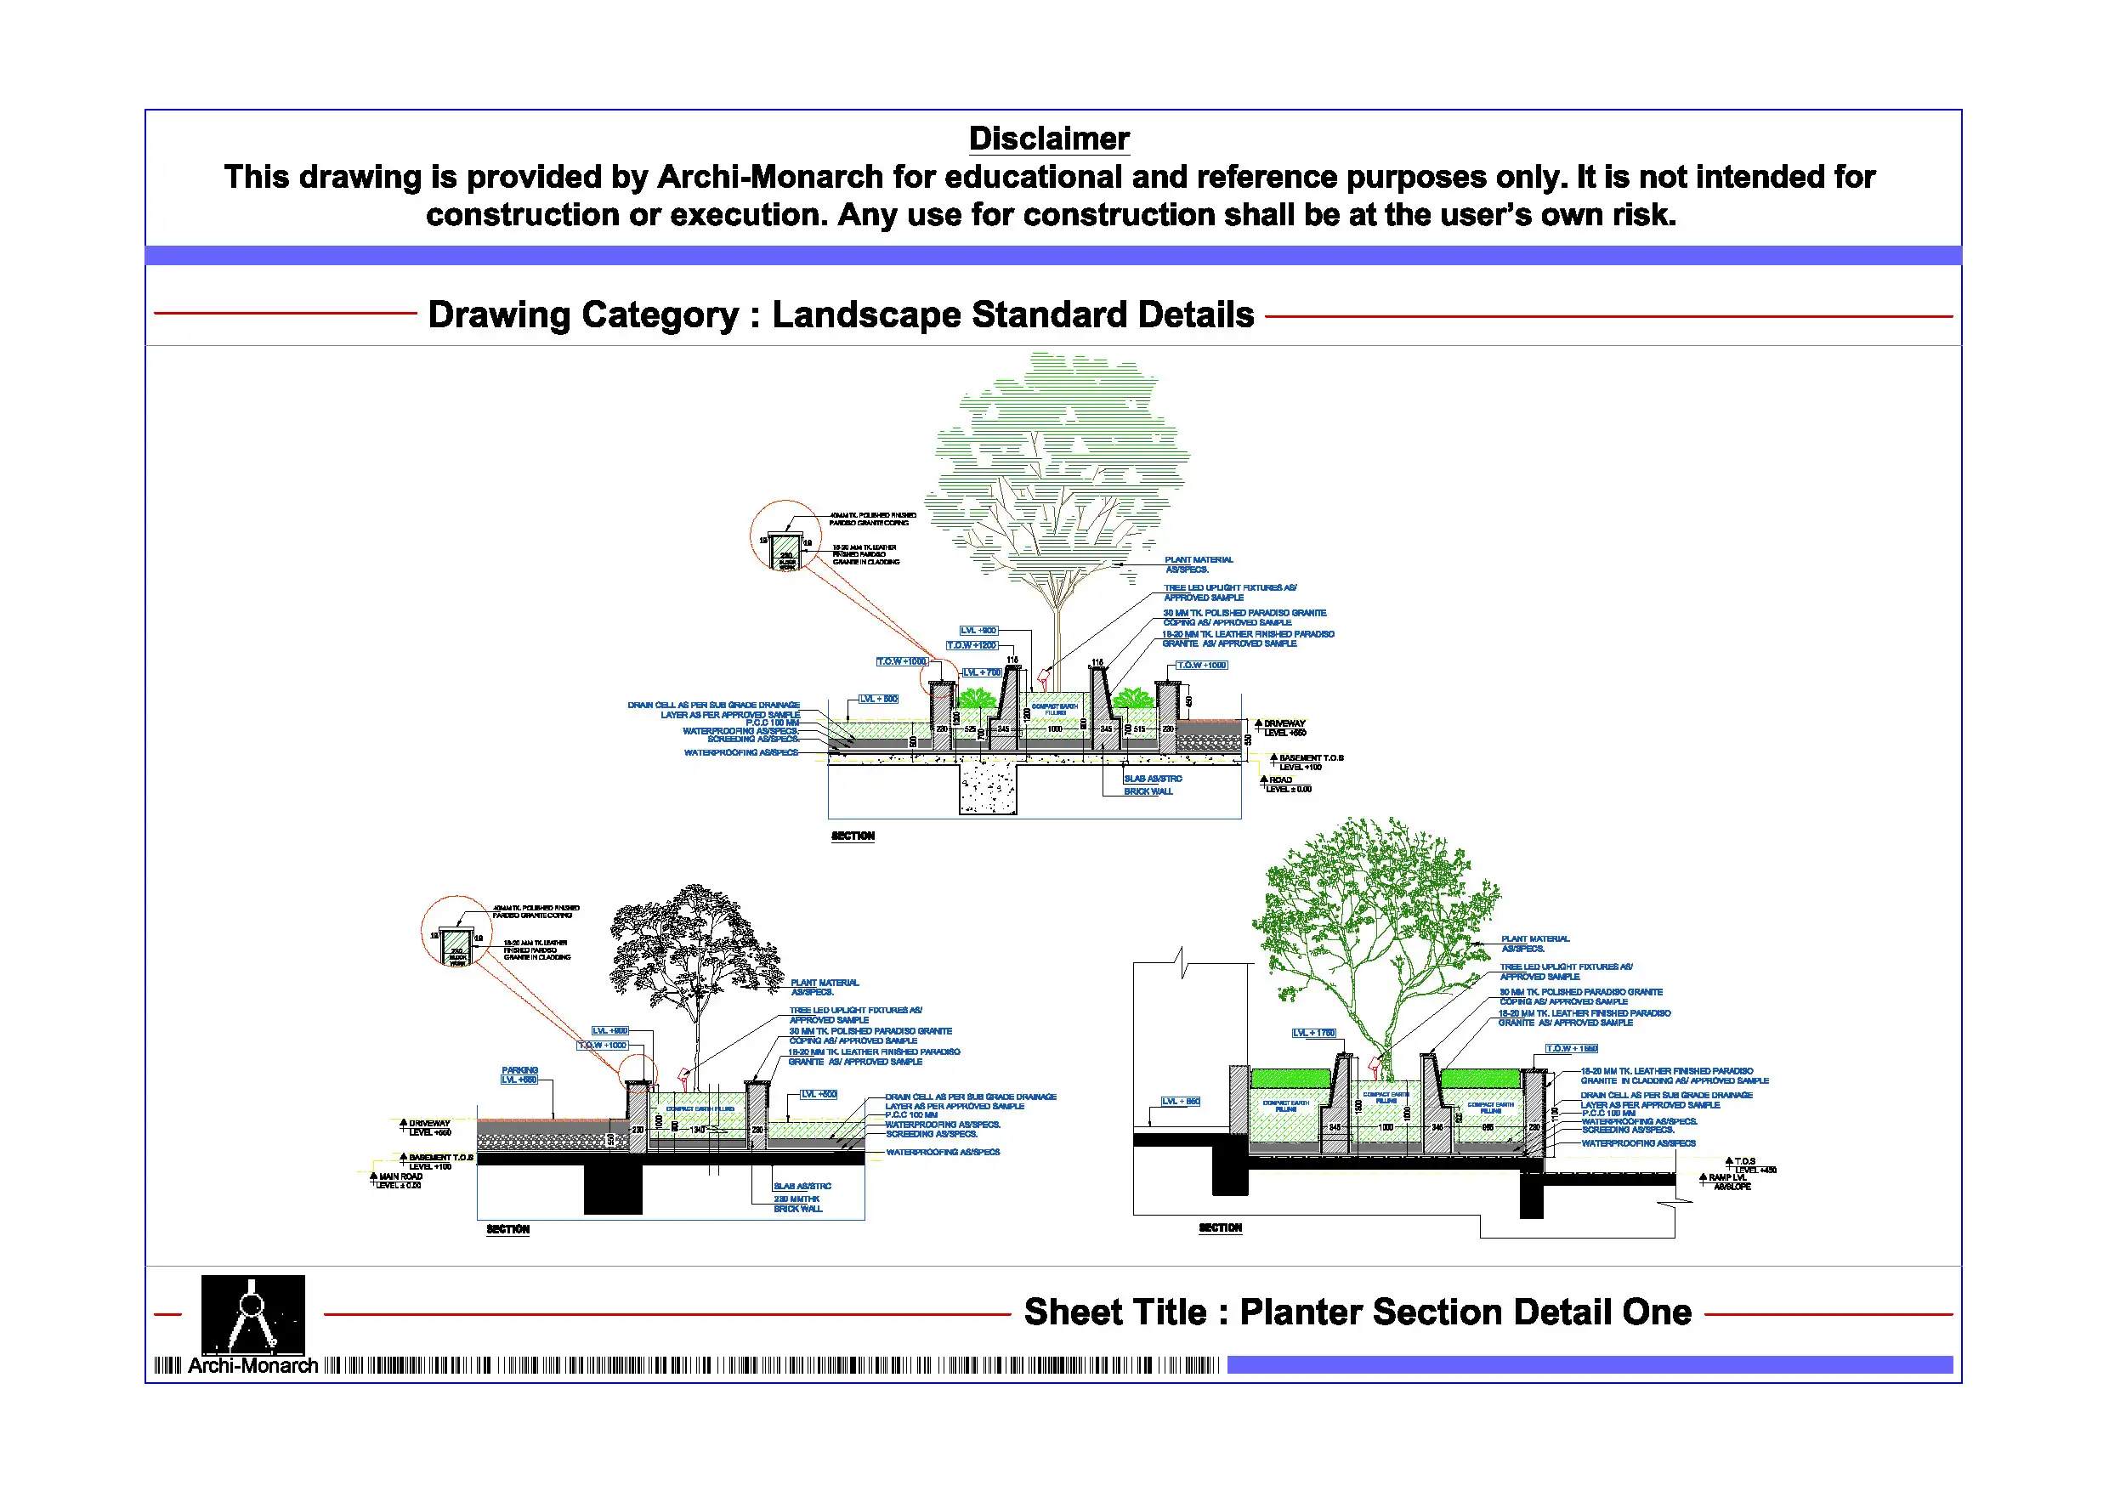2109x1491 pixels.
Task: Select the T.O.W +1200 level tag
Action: click(x=972, y=645)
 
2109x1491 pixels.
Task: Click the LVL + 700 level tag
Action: click(x=981, y=672)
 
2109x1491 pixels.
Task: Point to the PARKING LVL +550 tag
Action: click(x=519, y=1074)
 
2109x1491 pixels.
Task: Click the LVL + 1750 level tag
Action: click(x=1313, y=1033)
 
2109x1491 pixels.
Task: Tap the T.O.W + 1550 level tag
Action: click(x=1572, y=1048)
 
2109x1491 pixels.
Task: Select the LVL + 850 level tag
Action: click(x=1181, y=1101)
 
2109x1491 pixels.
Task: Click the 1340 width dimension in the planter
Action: click(x=698, y=1130)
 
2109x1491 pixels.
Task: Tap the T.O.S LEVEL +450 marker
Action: click(x=1752, y=1165)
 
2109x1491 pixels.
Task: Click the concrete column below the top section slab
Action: click(x=989, y=788)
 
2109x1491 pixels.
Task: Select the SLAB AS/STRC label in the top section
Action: click(x=1152, y=778)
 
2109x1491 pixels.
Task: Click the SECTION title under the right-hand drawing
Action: click(x=1220, y=1227)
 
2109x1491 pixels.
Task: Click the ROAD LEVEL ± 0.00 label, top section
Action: click(x=1285, y=785)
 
